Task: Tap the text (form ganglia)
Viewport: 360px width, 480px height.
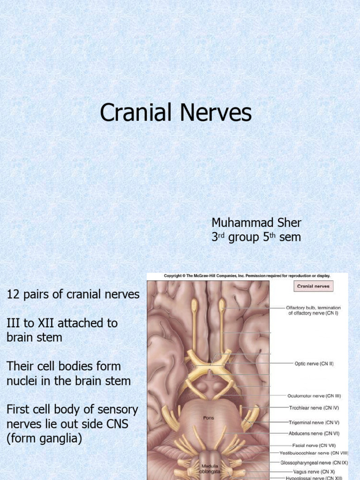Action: (44, 439)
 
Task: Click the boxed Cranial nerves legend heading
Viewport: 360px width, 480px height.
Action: (313, 286)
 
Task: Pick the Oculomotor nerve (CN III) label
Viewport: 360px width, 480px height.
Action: (314, 397)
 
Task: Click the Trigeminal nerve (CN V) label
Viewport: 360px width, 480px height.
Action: (313, 422)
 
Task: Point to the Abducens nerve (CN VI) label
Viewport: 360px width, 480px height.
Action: (313, 434)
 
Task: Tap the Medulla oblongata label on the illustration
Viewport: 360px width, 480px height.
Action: (208, 469)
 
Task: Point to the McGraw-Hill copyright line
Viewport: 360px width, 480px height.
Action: (247, 276)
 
